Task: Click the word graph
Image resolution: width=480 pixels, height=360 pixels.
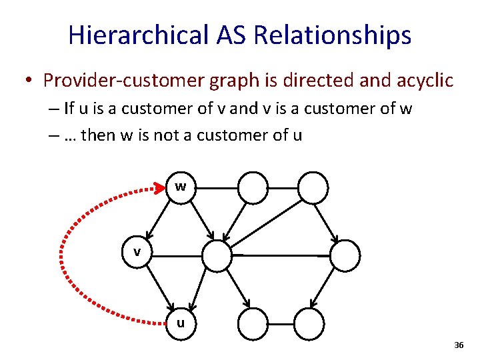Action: point(236,81)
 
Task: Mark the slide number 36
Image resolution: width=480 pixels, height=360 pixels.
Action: point(458,345)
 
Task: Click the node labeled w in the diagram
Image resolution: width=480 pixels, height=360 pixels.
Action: point(180,187)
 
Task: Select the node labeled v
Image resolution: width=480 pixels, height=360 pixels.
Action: point(137,253)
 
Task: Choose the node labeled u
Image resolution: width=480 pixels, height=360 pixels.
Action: point(180,323)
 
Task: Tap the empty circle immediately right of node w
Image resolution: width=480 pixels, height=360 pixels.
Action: point(253,187)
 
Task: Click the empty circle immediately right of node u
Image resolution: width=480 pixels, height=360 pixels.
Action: point(253,323)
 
